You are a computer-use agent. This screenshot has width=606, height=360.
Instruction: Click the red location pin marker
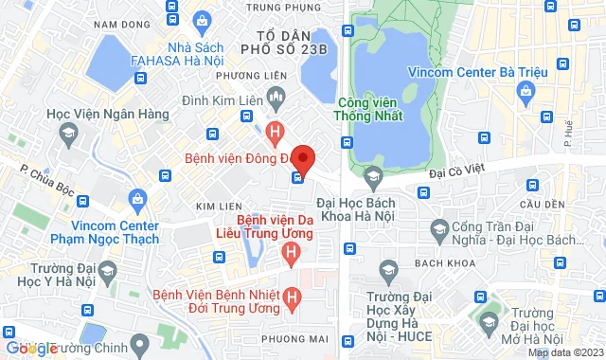coord(302,157)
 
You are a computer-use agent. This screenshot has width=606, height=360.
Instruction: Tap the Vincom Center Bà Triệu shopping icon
coord(527,91)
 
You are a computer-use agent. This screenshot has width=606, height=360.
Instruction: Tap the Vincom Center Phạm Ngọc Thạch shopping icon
coord(139,199)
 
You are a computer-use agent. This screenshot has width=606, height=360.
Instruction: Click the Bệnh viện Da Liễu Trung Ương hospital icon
coord(292,252)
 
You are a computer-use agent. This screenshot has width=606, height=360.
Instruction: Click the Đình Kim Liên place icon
coord(276,95)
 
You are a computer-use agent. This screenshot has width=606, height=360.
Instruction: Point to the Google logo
coord(30,348)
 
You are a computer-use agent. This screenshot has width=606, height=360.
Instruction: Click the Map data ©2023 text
coord(565,353)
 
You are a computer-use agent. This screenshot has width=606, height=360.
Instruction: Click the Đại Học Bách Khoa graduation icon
coord(373,176)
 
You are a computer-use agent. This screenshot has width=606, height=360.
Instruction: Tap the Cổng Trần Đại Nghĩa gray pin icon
coord(439,229)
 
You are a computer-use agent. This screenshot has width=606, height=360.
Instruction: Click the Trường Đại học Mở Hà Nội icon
coord(487,323)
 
